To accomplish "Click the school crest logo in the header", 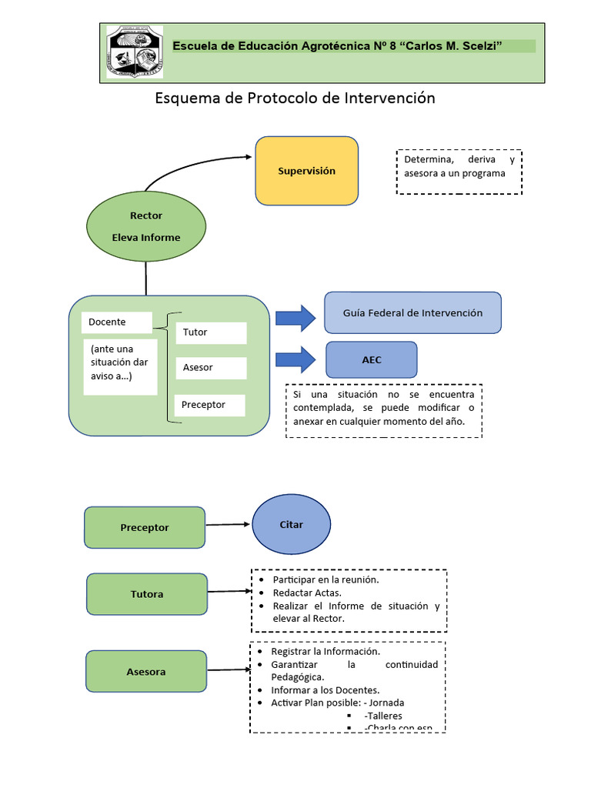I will (x=135, y=52).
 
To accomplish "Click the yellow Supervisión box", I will (x=306, y=171).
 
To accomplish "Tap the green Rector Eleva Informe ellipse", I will (x=145, y=226).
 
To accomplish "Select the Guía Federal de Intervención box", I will (x=412, y=312).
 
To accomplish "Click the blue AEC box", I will (x=372, y=359).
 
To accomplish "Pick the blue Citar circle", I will (x=291, y=525).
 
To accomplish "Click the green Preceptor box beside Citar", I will (x=145, y=527).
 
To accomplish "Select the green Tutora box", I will (x=146, y=594).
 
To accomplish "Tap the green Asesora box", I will (x=146, y=672).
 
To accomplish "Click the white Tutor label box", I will (x=211, y=332).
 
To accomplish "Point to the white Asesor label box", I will (x=211, y=368).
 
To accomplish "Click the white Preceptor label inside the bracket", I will (x=209, y=405).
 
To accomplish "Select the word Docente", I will (x=108, y=322).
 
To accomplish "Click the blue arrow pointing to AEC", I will (x=295, y=359).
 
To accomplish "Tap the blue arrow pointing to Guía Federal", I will (x=295, y=317).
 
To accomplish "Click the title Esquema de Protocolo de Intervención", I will (x=295, y=98).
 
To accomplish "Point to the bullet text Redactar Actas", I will (x=307, y=593).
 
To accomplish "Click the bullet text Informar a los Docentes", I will (x=326, y=690).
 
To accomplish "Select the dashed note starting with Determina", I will (x=459, y=172).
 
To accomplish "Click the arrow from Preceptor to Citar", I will (x=229, y=526).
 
